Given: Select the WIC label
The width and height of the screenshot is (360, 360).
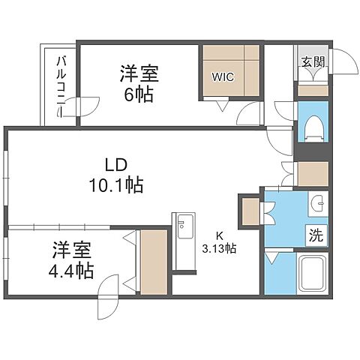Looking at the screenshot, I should (222, 76).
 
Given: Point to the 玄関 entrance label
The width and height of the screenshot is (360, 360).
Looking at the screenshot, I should (313, 63).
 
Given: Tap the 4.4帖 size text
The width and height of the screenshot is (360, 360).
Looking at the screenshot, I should (73, 271).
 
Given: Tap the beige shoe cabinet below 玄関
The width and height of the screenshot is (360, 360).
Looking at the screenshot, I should (312, 88).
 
